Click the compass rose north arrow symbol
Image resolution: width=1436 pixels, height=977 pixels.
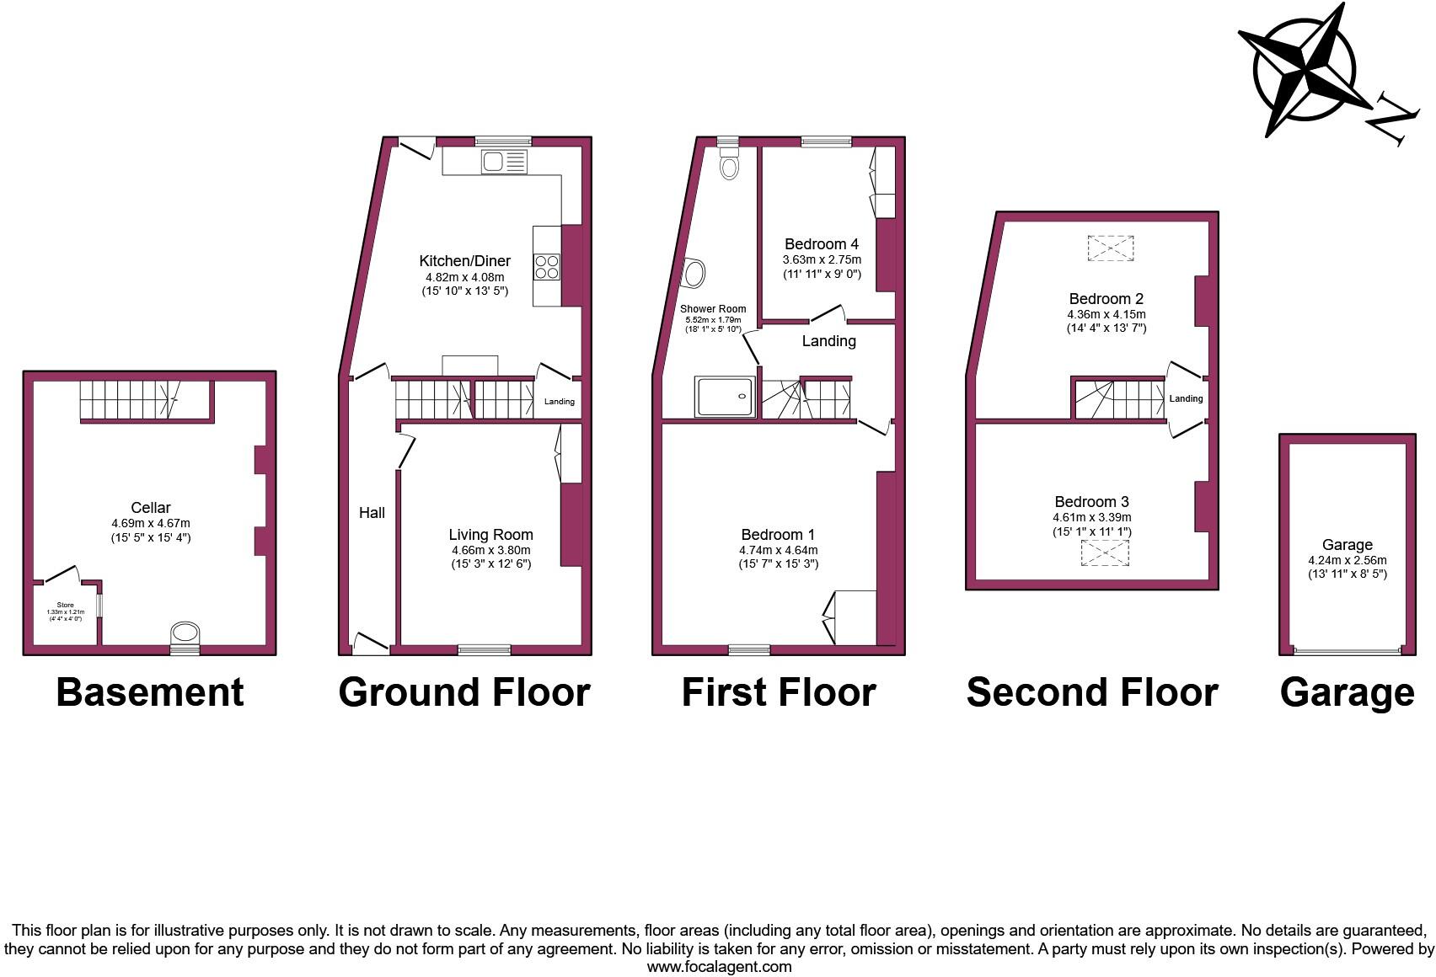click(x=1305, y=69)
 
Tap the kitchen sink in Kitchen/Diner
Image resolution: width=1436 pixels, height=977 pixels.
click(x=504, y=161)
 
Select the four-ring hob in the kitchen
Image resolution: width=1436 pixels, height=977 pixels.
click(x=546, y=267)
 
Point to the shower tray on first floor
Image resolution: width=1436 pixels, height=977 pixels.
click(x=725, y=397)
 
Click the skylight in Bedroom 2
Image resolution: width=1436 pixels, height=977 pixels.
click(x=1110, y=248)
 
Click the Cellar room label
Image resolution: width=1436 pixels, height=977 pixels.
click(x=150, y=507)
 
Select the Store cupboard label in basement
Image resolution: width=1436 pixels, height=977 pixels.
click(x=65, y=605)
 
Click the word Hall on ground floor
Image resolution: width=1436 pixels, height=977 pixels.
click(x=372, y=512)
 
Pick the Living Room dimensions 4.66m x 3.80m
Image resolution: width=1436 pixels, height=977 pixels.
click(x=490, y=550)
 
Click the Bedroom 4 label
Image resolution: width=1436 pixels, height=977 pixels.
click(x=821, y=244)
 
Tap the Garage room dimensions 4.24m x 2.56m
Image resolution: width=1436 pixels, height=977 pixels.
click(x=1347, y=560)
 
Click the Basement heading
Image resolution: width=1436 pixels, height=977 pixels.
click(x=150, y=692)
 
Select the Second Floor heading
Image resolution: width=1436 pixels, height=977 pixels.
click(x=1091, y=692)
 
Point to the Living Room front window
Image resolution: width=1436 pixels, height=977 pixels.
click(x=484, y=649)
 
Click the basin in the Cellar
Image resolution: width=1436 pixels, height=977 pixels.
click(x=185, y=633)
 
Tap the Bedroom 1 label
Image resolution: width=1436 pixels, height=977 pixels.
click(x=778, y=534)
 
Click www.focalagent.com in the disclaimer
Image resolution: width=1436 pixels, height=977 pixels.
click(x=718, y=967)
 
